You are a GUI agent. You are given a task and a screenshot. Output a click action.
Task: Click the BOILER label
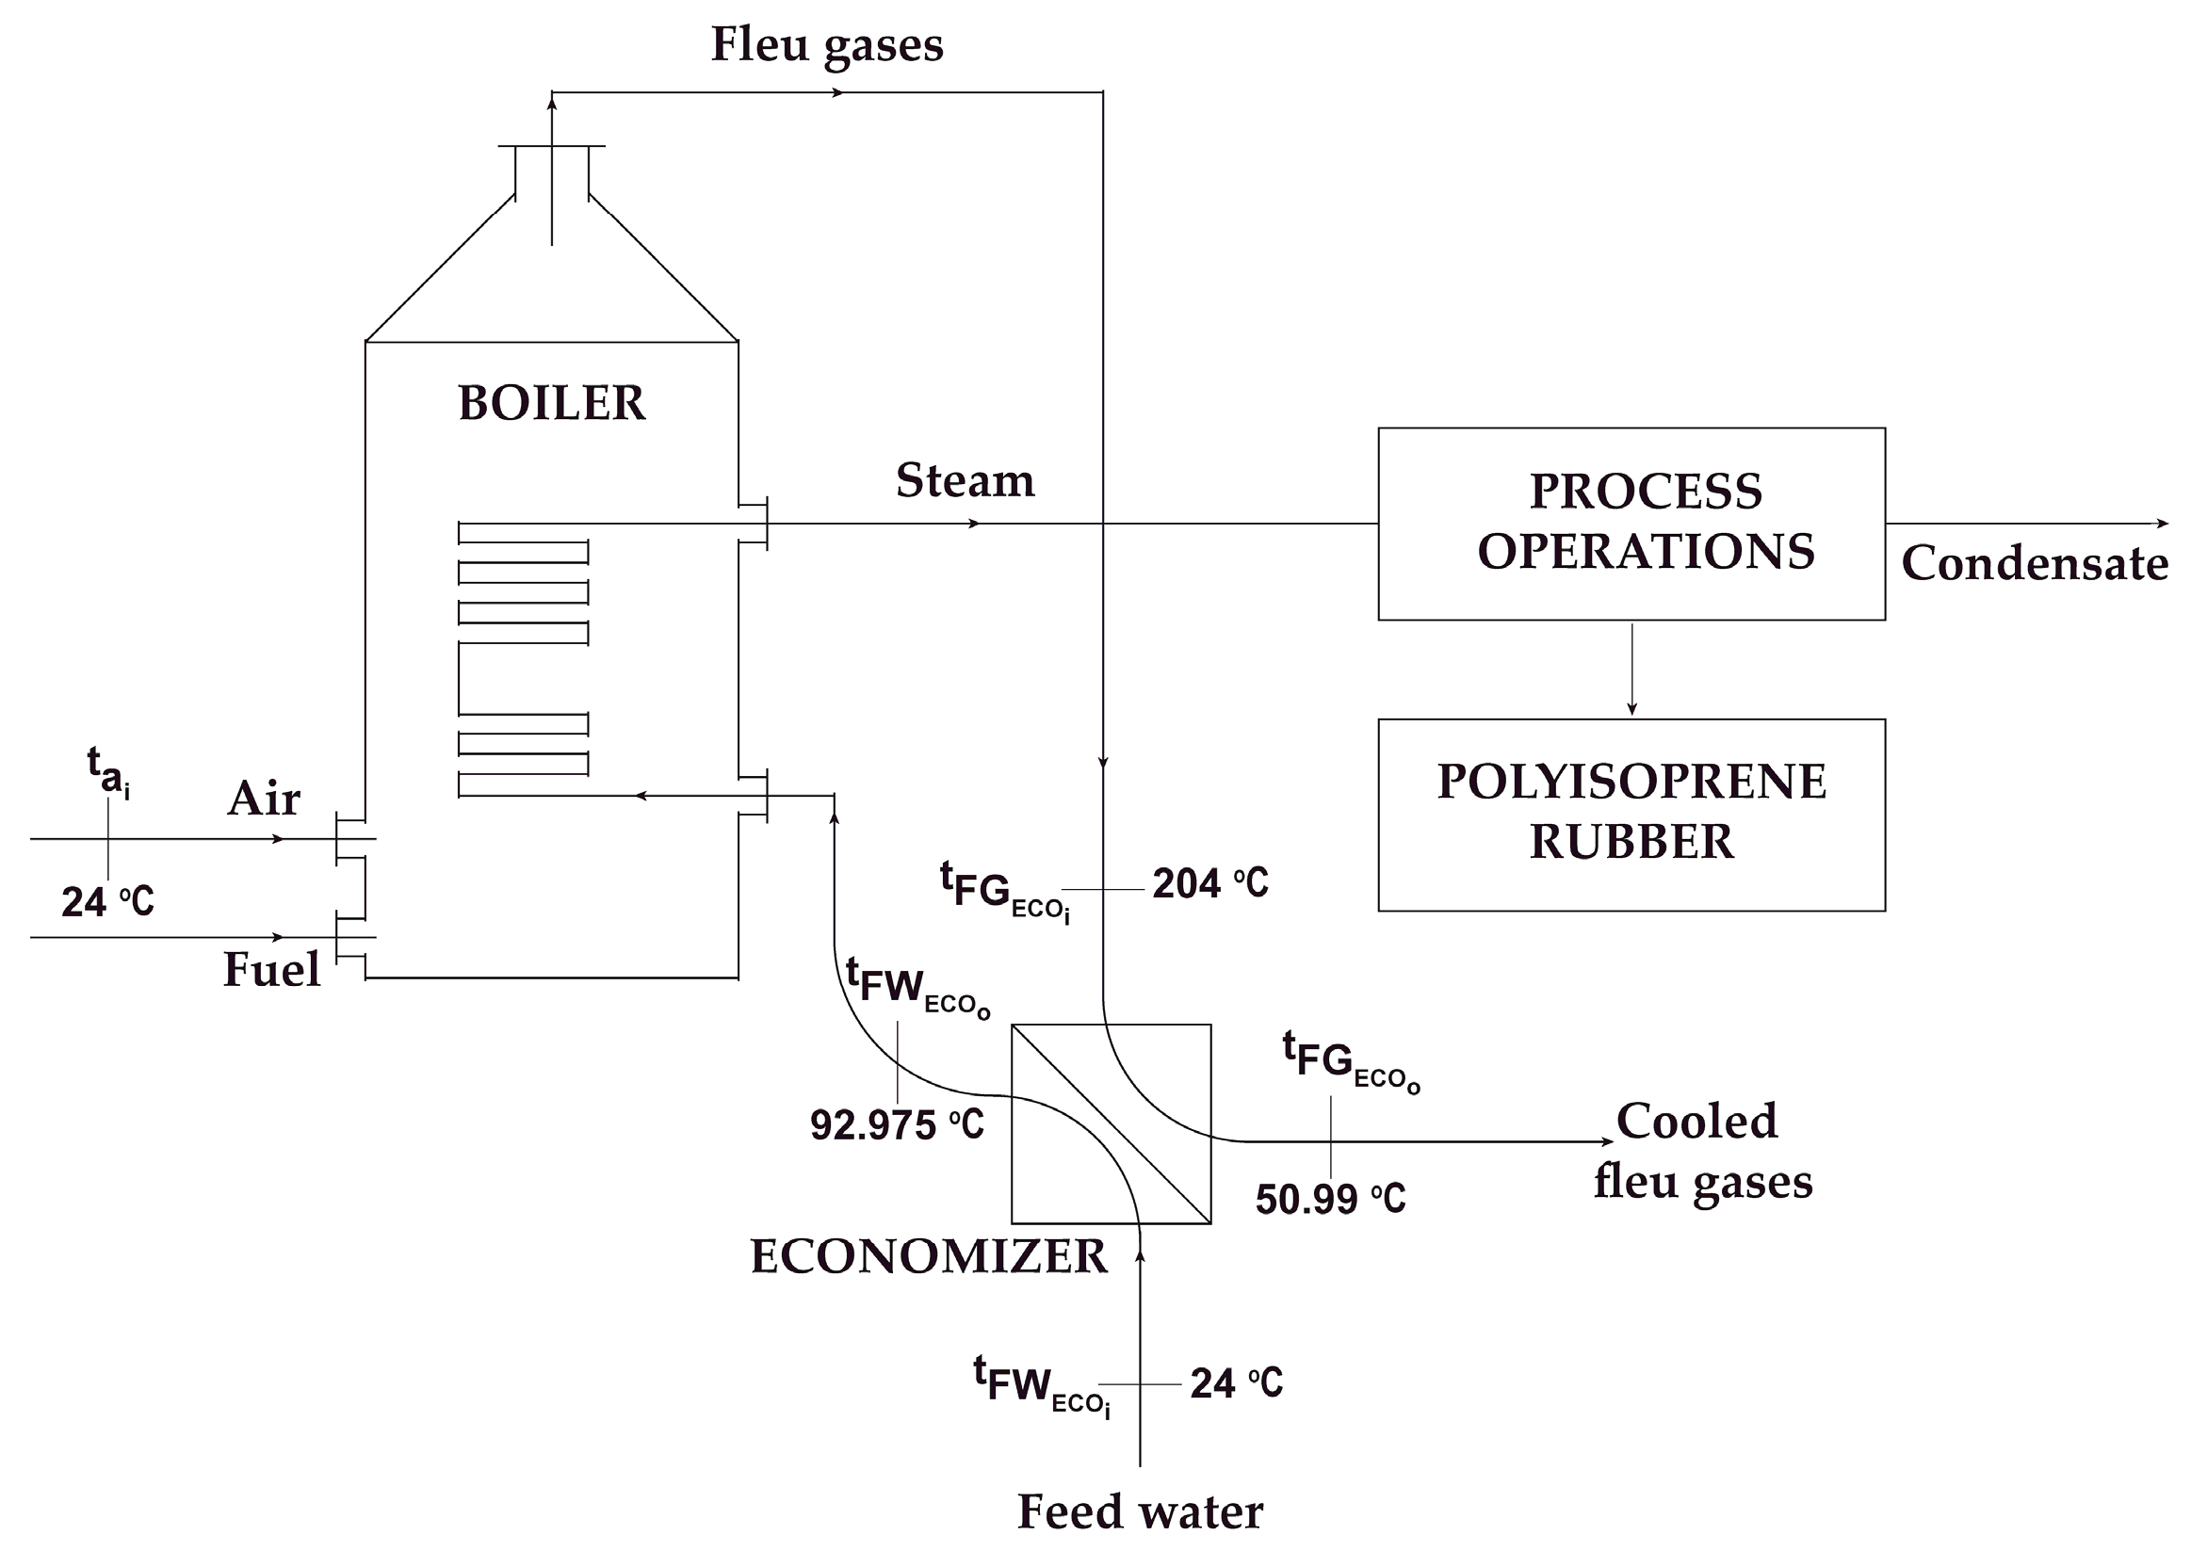click(551, 403)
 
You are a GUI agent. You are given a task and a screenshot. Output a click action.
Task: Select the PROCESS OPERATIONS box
click(1631, 524)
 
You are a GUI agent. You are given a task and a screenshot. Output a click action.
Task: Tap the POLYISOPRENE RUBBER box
click(1631, 814)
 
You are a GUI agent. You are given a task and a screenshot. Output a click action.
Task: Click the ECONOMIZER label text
click(929, 1256)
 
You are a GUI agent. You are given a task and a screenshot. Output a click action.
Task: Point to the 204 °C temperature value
click(1209, 883)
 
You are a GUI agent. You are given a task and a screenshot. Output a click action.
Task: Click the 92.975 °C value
click(896, 1125)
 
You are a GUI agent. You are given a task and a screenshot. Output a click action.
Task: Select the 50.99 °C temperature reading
click(1329, 1200)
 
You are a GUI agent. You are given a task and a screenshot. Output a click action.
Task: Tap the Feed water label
click(1140, 1511)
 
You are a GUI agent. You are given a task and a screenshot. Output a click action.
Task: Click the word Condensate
click(2035, 563)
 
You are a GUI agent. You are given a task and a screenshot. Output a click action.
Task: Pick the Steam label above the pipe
click(965, 480)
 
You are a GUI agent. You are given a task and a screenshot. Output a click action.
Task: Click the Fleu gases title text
click(826, 45)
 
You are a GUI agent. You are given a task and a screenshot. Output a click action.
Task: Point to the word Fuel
click(271, 970)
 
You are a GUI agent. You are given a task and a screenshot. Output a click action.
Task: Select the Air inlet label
click(264, 799)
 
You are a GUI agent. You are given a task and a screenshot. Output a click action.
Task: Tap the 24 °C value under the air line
click(107, 901)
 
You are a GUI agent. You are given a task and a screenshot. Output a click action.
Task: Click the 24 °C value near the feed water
click(1236, 1384)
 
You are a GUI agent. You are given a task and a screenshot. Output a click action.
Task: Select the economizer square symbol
click(1111, 1123)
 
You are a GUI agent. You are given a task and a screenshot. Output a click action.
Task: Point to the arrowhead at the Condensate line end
click(2163, 524)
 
